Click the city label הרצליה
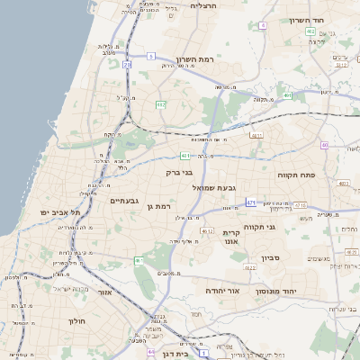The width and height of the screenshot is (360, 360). point(205,5)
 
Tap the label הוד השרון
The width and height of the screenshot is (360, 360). point(312,20)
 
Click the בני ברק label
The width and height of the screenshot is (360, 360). point(179,172)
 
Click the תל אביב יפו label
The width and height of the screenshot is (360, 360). point(60,212)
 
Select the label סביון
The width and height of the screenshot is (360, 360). point(272,258)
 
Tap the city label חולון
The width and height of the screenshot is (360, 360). point(76,320)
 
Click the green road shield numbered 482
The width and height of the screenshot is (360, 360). point(161,105)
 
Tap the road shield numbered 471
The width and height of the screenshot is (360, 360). point(250,202)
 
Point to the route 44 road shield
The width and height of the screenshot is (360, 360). point(151,350)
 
